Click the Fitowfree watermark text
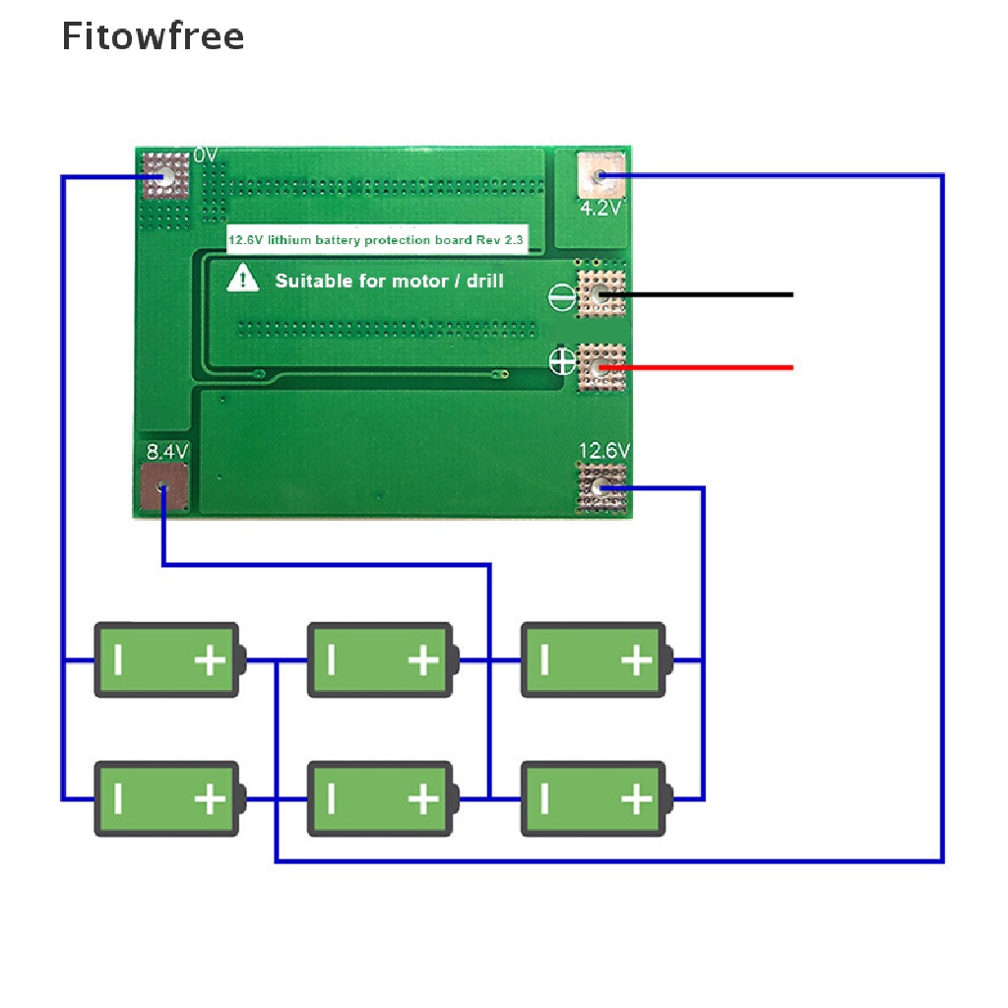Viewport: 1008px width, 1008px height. [153, 36]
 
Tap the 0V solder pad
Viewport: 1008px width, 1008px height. [165, 176]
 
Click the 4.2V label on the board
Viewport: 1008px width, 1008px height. [600, 209]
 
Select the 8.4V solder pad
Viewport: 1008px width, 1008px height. [164, 488]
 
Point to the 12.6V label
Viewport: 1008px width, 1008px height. [603, 452]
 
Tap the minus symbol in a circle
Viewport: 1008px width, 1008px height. [559, 296]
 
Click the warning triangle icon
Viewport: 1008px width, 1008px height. [242, 280]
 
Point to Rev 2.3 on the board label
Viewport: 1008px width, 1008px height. [504, 240]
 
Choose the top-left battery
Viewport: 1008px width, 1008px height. [167, 660]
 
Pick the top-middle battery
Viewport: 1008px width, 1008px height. [381, 660]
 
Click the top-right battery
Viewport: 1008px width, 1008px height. [594, 660]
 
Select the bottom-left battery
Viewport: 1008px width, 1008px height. [167, 798]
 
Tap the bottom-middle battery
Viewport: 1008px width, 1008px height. [381, 798]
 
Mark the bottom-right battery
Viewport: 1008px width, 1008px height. [594, 798]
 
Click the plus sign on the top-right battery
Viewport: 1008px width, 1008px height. [636, 660]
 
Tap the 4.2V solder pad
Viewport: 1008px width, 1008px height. [599, 176]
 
